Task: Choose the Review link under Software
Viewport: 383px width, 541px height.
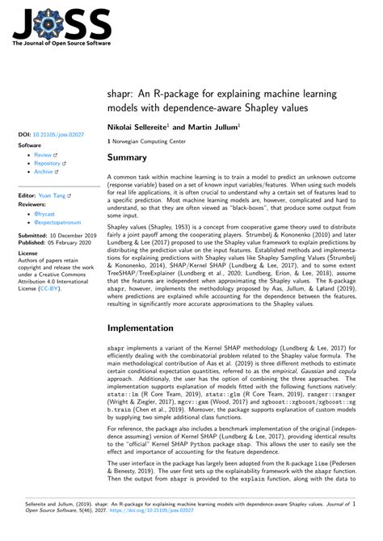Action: click(43, 153)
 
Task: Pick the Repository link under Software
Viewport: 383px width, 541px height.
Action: click(48, 162)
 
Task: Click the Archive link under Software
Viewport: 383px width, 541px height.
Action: click(44, 171)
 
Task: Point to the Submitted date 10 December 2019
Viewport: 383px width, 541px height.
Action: click(68, 235)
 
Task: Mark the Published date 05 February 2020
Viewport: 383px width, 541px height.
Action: click(68, 243)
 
